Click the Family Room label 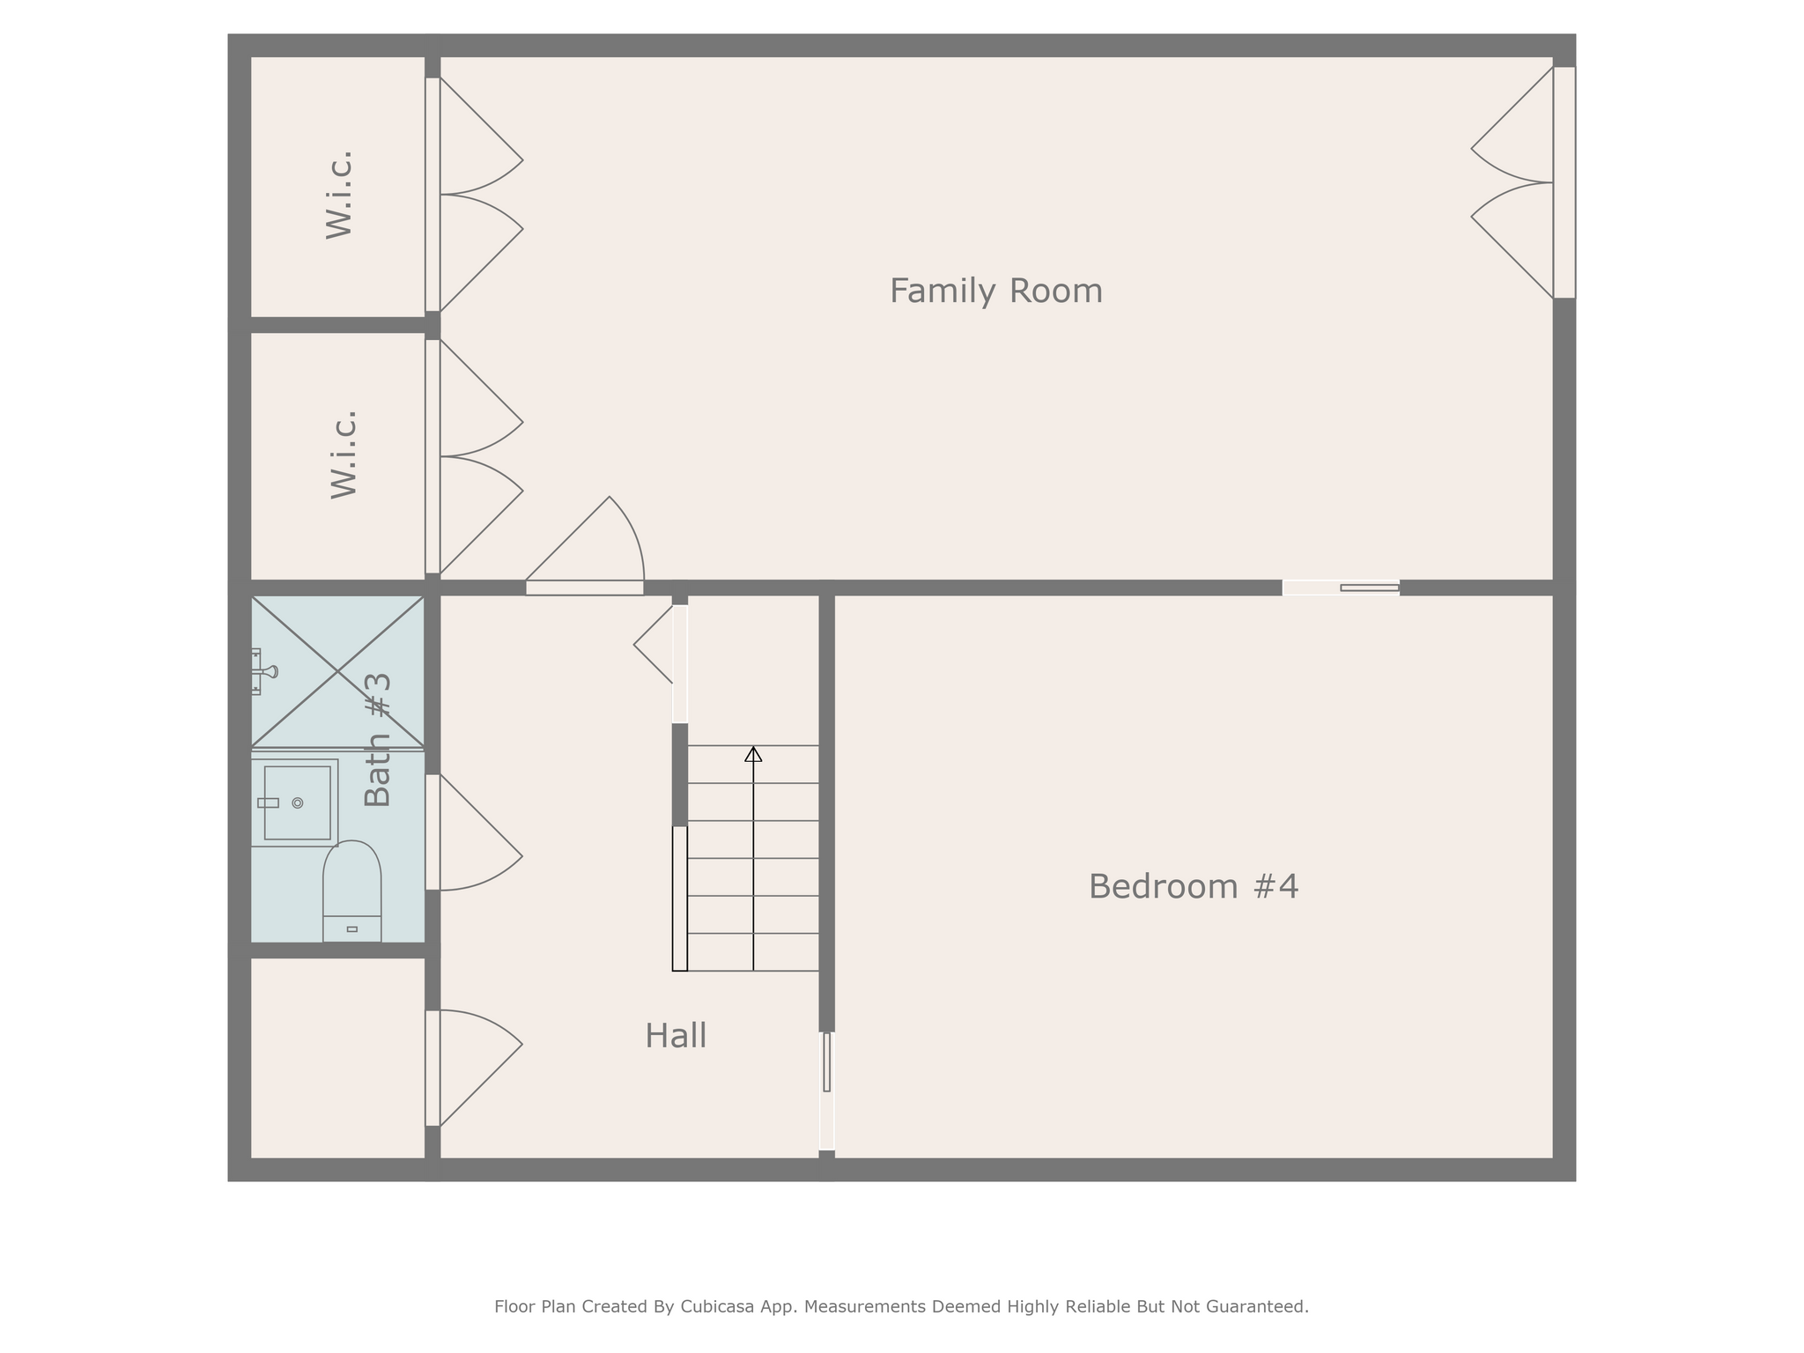click(x=995, y=291)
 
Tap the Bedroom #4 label click(x=1194, y=886)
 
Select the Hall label click(x=676, y=1036)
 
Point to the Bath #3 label click(x=377, y=740)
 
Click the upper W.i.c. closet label click(x=339, y=195)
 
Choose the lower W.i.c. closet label click(x=344, y=455)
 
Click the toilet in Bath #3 click(x=351, y=891)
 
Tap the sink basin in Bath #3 click(x=298, y=802)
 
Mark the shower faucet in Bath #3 click(x=262, y=671)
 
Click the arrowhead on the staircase click(x=753, y=754)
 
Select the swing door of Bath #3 click(x=474, y=832)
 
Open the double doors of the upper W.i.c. click(x=474, y=195)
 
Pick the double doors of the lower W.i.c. click(x=474, y=456)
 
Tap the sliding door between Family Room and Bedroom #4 click(x=1341, y=588)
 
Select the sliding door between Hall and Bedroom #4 click(x=827, y=1091)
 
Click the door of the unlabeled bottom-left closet click(x=474, y=1068)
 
